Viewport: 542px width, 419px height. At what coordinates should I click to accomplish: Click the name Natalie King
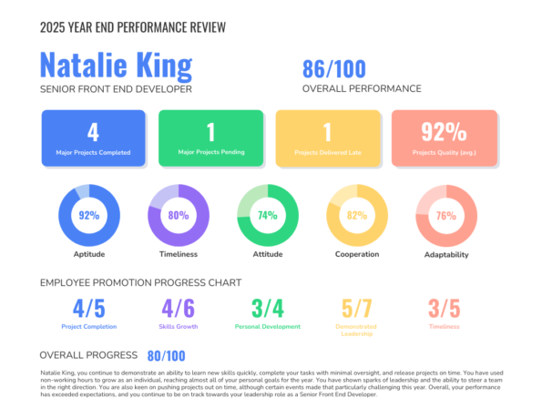(116, 66)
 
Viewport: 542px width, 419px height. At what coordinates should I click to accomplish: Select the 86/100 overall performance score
(333, 68)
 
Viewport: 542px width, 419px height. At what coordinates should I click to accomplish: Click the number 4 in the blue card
(92, 131)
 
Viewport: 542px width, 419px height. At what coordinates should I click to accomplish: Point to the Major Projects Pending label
(211, 151)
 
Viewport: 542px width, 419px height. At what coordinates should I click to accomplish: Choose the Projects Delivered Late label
(327, 152)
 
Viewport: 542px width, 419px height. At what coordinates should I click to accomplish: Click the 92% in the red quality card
(444, 132)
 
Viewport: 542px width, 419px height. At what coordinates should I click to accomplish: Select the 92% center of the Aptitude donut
(88, 216)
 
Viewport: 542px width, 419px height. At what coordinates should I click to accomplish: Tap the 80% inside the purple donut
(178, 216)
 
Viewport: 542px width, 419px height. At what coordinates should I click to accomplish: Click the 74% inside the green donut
(267, 216)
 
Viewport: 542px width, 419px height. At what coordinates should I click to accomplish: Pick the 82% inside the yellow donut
(356, 216)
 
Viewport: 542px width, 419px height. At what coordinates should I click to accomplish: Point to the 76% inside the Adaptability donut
(445, 216)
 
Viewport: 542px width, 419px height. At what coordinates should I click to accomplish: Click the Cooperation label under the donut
(356, 254)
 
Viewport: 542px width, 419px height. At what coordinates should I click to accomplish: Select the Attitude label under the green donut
(267, 254)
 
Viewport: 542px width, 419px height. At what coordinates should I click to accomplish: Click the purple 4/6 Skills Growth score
(179, 308)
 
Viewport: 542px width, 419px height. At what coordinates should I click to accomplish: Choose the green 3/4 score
(268, 308)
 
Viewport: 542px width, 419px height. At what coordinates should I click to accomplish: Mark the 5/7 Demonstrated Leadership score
(357, 308)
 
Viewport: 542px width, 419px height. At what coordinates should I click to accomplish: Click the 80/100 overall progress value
(166, 355)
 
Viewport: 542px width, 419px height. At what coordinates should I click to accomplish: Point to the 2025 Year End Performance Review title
(133, 27)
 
